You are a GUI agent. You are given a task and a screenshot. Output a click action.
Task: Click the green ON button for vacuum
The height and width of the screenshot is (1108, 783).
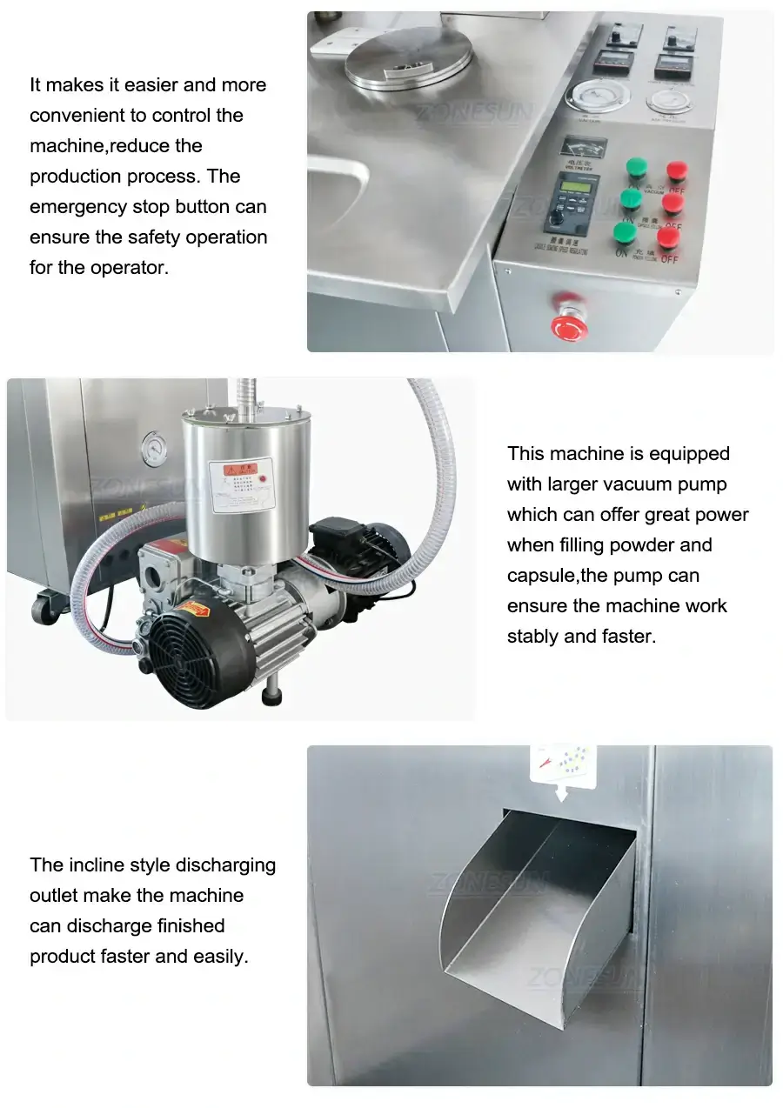(637, 165)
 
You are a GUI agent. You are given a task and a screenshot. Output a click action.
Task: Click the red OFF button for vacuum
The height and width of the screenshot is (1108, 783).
(677, 170)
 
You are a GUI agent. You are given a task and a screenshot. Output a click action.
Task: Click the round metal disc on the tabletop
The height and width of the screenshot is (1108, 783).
(409, 58)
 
